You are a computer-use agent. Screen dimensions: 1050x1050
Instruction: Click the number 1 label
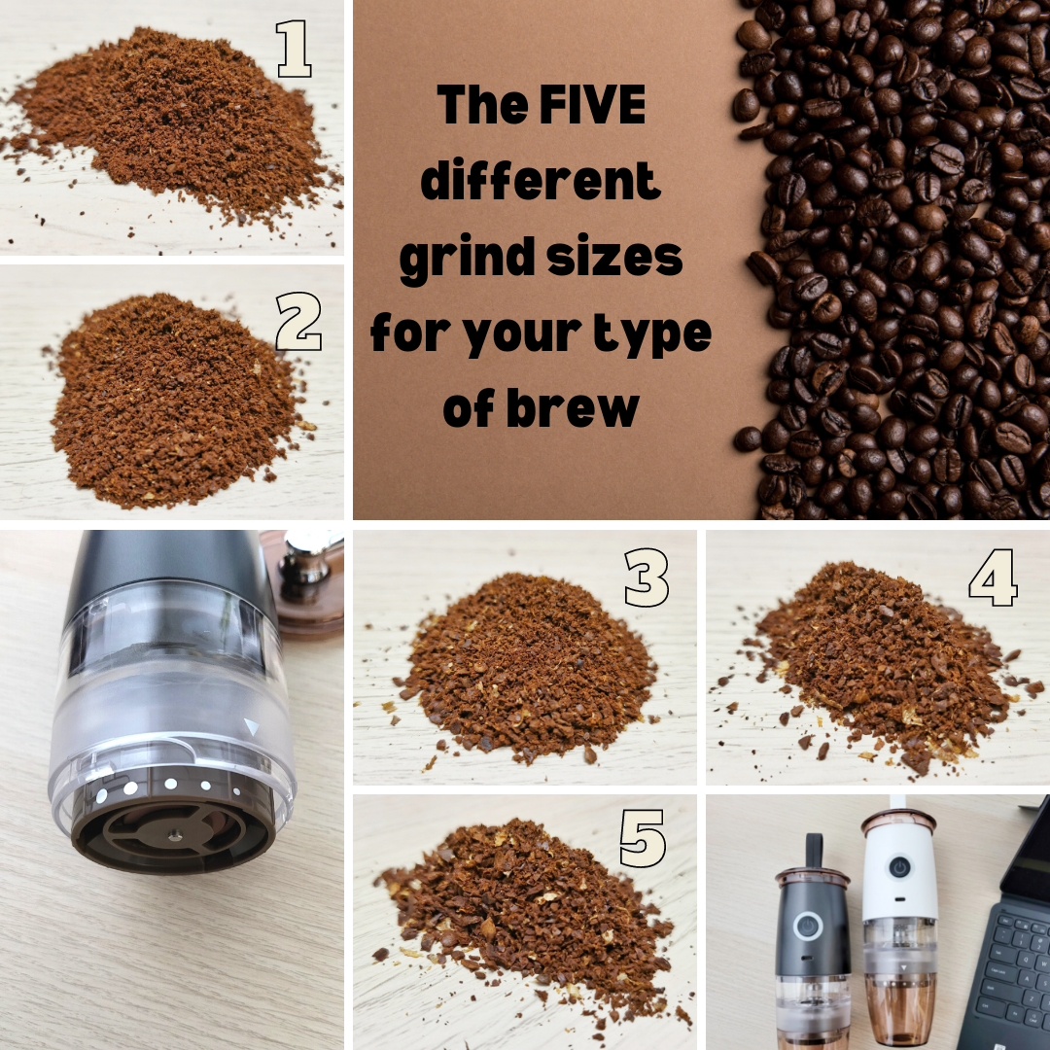[294, 50]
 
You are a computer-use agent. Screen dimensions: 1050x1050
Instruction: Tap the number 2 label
[298, 323]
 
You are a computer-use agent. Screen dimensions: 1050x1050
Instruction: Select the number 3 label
[647, 578]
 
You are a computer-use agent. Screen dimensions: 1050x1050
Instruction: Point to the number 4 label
[993, 578]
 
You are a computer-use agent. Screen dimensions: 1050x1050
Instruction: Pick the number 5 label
[643, 839]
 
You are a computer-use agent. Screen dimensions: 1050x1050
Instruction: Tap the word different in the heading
[541, 181]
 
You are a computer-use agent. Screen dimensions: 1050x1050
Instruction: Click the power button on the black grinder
[806, 925]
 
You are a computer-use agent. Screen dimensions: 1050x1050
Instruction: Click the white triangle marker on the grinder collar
[252, 726]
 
